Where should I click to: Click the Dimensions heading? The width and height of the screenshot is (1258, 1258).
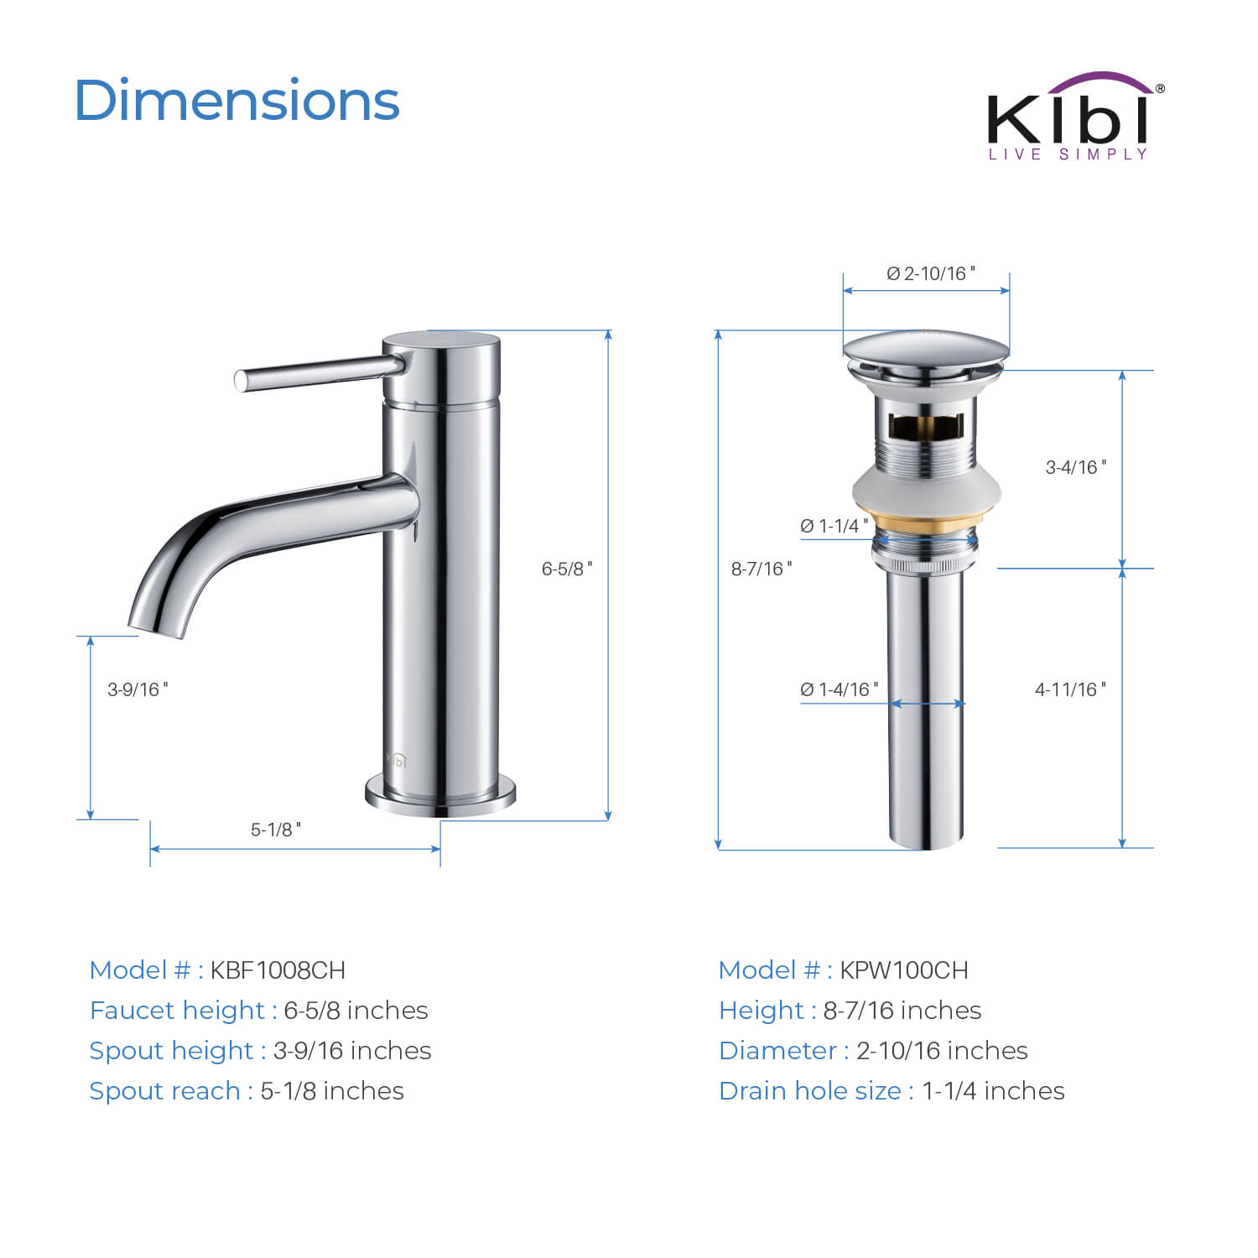tap(237, 101)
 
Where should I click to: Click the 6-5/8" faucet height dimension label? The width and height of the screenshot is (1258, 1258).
tap(567, 569)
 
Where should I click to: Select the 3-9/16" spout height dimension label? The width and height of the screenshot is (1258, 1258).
tap(138, 689)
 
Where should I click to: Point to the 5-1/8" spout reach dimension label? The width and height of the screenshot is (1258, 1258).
tap(276, 829)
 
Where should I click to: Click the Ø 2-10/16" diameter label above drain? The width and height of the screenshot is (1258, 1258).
tap(931, 273)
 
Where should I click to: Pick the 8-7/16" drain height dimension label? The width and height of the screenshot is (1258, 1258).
tap(762, 569)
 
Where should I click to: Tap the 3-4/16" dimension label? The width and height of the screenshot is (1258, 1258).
tap(1076, 467)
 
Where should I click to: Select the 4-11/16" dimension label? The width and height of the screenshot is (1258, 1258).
tap(1070, 689)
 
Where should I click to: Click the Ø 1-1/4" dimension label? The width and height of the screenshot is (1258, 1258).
tap(834, 526)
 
